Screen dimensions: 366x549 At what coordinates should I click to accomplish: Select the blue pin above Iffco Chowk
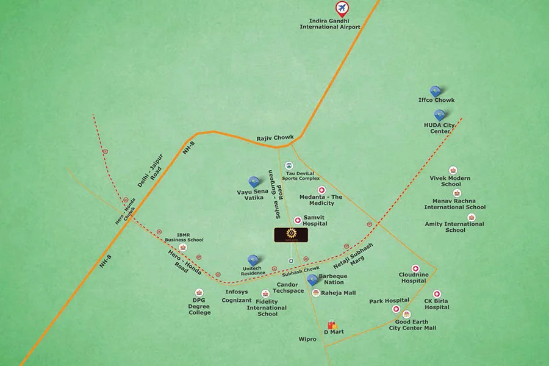tap(436, 91)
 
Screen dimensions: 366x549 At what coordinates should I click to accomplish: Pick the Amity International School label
tap(455, 227)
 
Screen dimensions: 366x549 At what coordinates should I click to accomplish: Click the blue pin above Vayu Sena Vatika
tap(254, 182)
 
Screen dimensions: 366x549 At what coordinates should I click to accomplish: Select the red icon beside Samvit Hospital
tap(298, 220)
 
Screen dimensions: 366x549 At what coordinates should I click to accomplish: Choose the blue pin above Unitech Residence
tap(253, 260)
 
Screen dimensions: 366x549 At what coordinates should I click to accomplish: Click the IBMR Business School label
tap(190, 237)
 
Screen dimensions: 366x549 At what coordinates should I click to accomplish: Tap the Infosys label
tap(237, 292)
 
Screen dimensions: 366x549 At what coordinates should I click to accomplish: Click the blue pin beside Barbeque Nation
tap(313, 280)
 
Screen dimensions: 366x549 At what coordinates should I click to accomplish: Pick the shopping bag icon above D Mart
tap(332, 325)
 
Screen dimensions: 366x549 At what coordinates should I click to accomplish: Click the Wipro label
tap(307, 339)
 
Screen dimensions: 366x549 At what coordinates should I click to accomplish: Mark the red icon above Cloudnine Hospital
tap(415, 269)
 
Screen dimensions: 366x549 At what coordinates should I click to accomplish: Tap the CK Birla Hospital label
tap(437, 304)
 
